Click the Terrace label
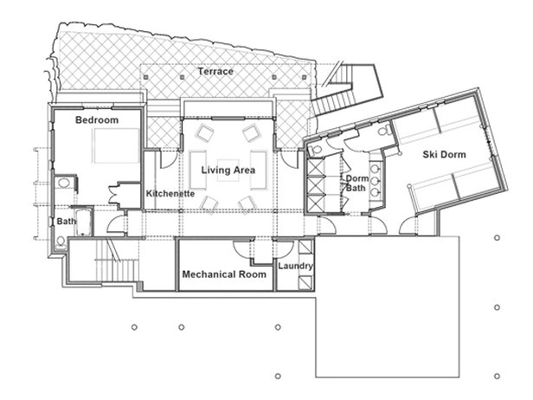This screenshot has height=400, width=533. (215, 71)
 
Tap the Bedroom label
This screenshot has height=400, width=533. (96, 119)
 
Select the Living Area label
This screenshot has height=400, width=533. (228, 171)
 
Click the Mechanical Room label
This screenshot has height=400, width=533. (223, 274)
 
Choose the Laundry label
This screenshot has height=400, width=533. (295, 267)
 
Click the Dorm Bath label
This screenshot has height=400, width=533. (357, 184)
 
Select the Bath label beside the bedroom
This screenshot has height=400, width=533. (66, 222)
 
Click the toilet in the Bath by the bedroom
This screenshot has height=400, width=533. (61, 242)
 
